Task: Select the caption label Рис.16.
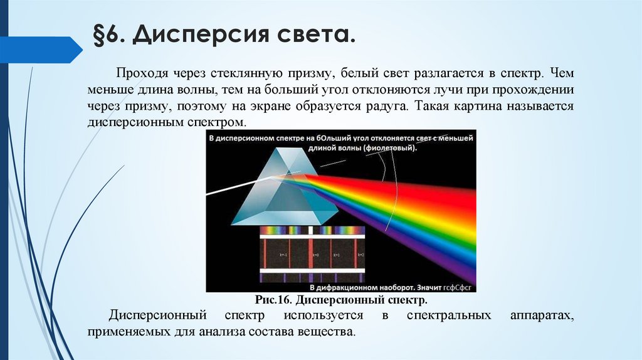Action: [x=274, y=300]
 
